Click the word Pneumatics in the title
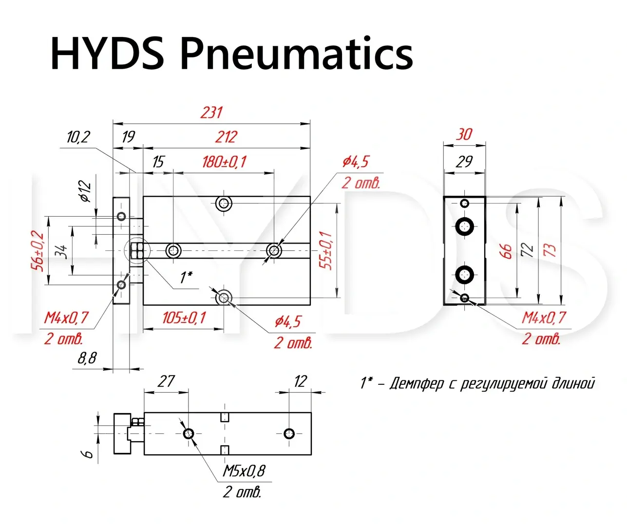(297, 53)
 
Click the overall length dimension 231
(211, 113)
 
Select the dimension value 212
(226, 136)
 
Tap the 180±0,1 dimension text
(224, 161)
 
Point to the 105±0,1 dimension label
(184, 318)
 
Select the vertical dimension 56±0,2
(38, 251)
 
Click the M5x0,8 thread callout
(244, 471)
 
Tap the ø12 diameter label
(85, 191)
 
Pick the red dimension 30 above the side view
(464, 134)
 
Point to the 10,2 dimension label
(78, 137)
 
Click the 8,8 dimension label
(87, 358)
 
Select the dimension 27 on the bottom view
(166, 381)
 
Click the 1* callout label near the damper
(186, 278)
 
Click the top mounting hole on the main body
(224, 203)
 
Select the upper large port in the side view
(465, 225)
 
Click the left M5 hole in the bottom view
(189, 433)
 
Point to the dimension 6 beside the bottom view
(88, 454)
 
